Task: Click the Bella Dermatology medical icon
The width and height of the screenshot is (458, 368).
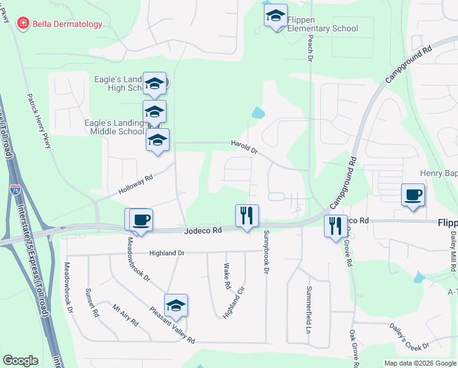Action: coord(23,24)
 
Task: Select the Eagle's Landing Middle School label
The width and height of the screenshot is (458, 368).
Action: coord(117,127)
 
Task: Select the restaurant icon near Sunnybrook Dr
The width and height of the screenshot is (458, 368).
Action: coord(247,215)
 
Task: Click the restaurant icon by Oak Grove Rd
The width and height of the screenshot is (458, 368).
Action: coord(335,226)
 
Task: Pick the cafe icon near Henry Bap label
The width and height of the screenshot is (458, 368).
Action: coord(413,194)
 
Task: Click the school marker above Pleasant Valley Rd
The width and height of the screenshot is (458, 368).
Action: coord(176,305)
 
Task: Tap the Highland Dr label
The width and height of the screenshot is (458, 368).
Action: coord(167,253)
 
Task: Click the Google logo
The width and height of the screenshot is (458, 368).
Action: coord(20,361)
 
